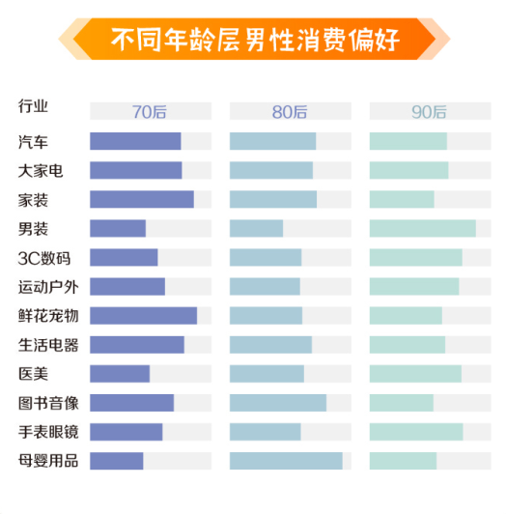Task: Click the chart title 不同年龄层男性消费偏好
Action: click(x=255, y=41)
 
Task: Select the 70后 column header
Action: click(x=149, y=112)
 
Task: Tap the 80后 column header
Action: click(x=289, y=112)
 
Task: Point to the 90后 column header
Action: click(x=429, y=112)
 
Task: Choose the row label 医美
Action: click(x=33, y=374)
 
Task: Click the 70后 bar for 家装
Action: click(x=141, y=200)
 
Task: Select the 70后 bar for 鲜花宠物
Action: click(x=143, y=316)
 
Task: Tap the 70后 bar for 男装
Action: click(x=118, y=229)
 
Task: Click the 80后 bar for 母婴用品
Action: click(x=286, y=461)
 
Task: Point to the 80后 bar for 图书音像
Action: click(x=278, y=403)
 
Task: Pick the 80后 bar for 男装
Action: click(x=256, y=229)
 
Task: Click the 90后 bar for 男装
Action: click(x=422, y=229)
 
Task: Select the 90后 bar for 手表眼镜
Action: click(x=415, y=432)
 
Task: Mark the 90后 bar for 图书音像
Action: click(x=401, y=403)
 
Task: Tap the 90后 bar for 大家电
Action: click(x=408, y=171)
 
